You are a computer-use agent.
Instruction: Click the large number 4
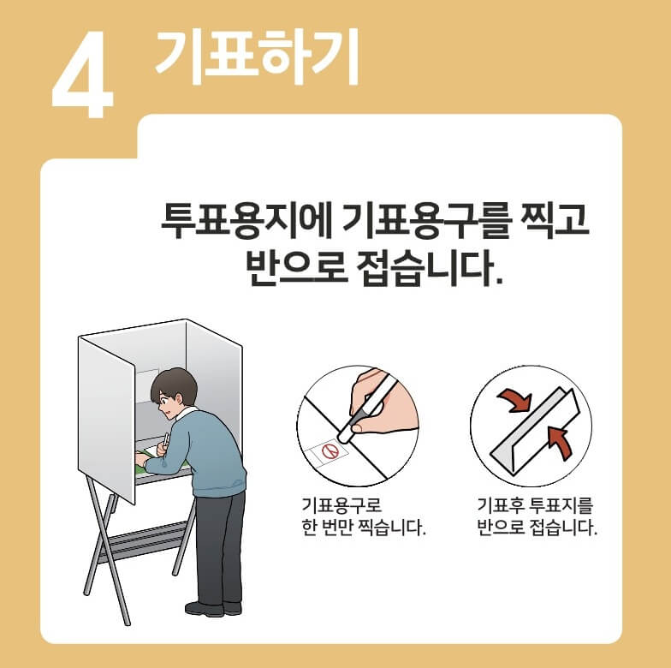83,79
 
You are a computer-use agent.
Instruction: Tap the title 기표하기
256,57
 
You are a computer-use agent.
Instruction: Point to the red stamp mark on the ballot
328,449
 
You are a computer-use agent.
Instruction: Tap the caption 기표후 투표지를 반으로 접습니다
537,516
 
